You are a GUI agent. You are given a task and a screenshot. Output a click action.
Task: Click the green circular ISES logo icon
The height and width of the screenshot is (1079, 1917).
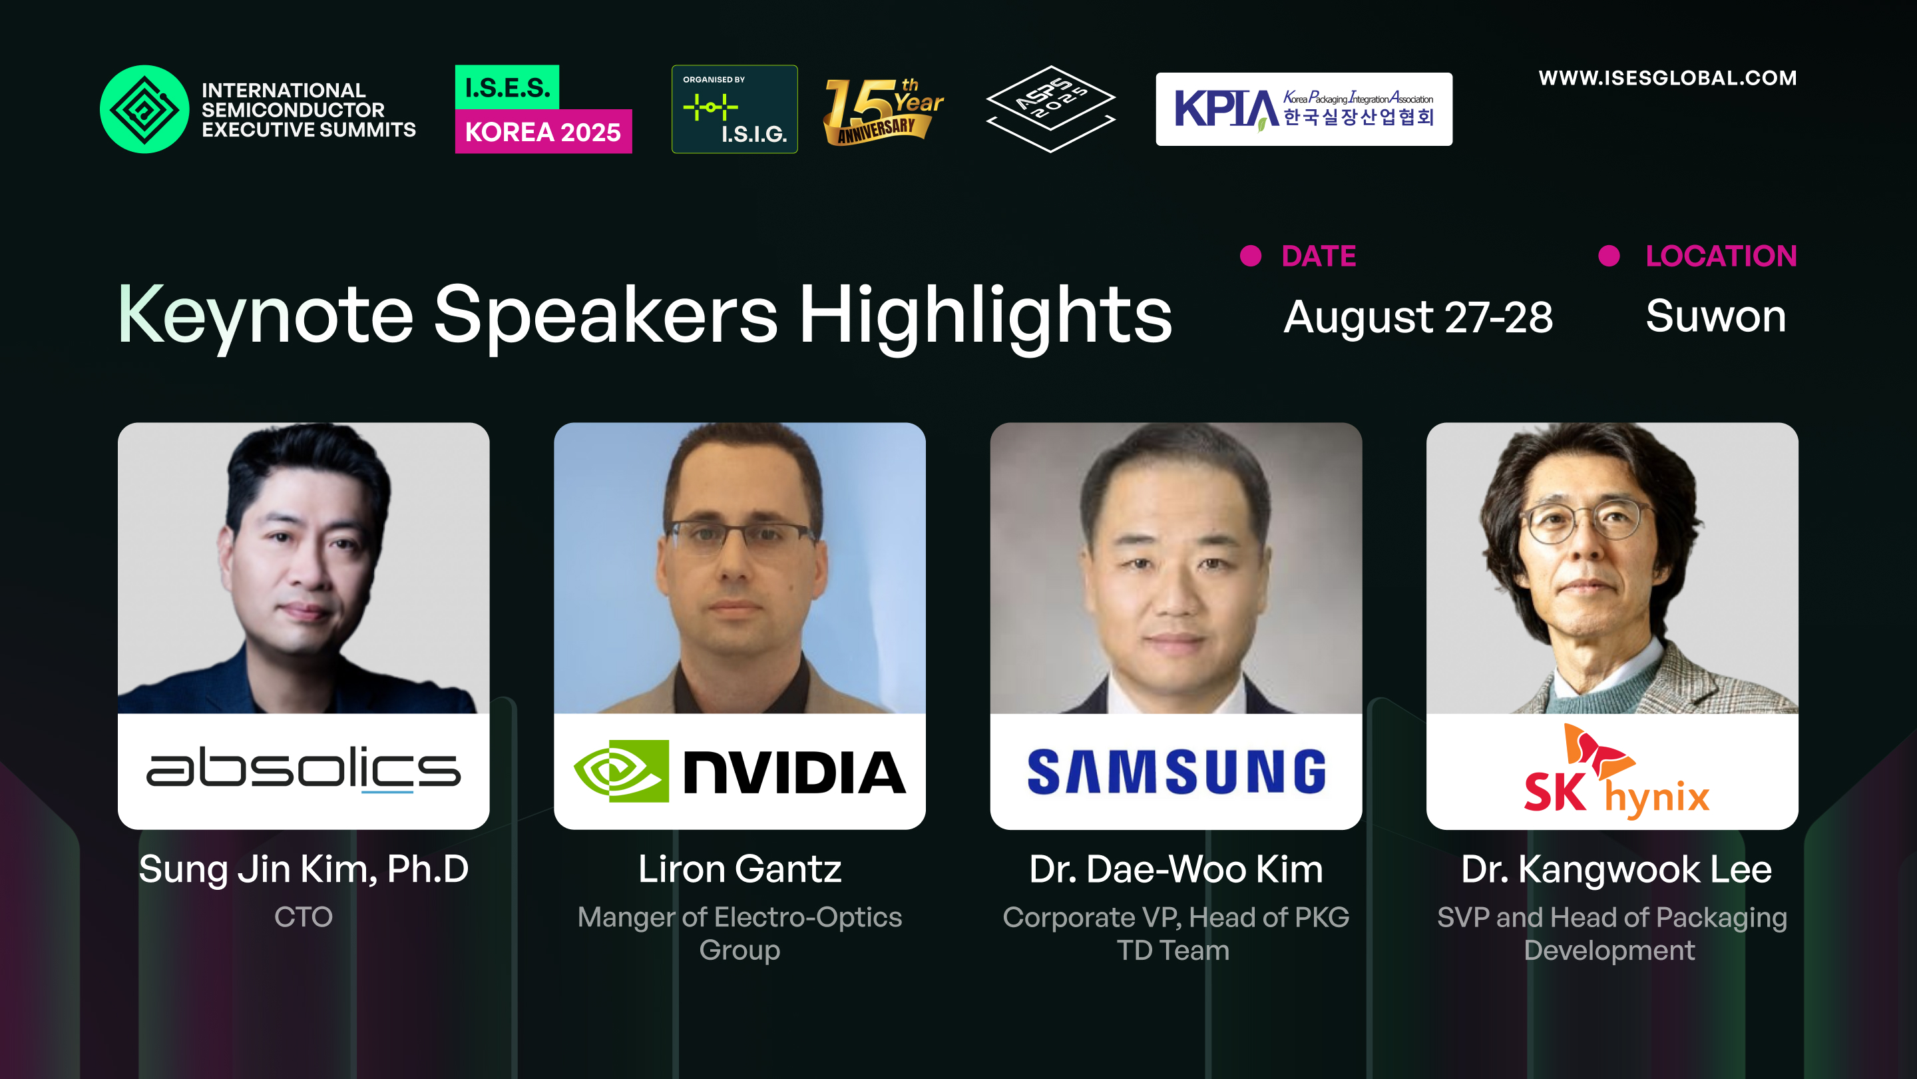pos(144,109)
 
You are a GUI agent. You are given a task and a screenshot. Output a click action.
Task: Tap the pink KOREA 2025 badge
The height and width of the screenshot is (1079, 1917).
pos(543,132)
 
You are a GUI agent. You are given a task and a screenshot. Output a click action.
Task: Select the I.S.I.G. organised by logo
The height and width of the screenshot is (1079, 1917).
pos(734,109)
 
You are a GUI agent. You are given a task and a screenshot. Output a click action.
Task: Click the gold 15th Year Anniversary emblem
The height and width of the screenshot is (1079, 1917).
pos(883,111)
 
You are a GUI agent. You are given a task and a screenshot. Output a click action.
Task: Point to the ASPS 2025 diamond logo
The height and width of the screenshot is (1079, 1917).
pos(1050,109)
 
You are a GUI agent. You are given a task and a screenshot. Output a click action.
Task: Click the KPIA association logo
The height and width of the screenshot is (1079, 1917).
pos(1304,109)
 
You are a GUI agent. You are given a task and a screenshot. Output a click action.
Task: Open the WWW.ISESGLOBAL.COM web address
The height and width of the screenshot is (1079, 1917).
pos(1667,78)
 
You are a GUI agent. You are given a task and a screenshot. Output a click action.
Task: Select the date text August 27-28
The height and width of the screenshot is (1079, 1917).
pos(1418,317)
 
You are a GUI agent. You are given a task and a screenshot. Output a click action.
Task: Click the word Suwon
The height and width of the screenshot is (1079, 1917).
pos(1715,316)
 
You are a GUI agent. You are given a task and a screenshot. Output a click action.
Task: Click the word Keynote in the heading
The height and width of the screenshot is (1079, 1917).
pos(265,316)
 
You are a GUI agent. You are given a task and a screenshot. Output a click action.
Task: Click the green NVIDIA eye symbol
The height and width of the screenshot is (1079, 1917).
pos(620,771)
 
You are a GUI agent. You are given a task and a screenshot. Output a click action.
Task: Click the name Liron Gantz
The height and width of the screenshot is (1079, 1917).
pos(740,869)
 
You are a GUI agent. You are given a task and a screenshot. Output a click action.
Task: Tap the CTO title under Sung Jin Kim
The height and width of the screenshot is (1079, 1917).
pos(304,916)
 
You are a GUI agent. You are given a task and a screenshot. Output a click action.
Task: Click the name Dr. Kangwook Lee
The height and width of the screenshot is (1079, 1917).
pos(1616,869)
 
